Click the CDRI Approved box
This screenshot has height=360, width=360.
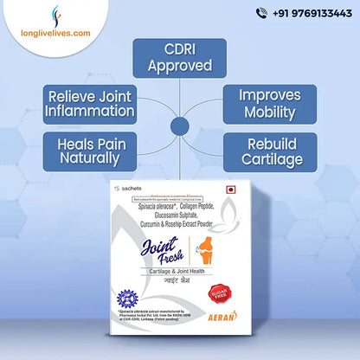click(180, 57)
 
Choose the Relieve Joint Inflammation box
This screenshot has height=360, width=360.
click(90, 101)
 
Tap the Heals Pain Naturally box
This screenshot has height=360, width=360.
click(90, 150)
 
